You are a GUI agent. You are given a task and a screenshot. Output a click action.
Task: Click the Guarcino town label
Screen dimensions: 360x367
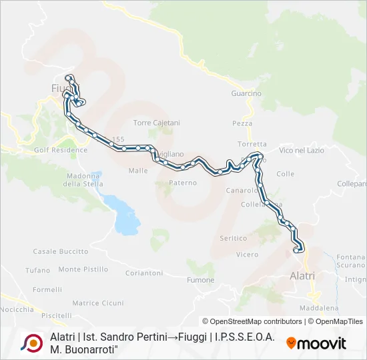[x=246, y=93]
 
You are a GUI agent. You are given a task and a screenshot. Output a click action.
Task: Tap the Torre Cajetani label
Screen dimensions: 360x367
[x=157, y=123]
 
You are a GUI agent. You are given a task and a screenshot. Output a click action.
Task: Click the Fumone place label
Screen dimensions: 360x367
[x=200, y=280]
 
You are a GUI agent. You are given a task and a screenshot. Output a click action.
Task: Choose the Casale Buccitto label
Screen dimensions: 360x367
[x=61, y=251]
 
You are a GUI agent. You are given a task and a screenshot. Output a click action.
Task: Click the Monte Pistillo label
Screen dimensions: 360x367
[x=83, y=269]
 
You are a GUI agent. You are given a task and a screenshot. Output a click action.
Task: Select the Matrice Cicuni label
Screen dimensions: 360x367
[x=98, y=303]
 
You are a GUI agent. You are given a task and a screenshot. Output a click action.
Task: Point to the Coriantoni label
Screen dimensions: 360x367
[x=143, y=273]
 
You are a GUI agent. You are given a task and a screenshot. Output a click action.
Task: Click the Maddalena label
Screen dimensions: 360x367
[x=319, y=308]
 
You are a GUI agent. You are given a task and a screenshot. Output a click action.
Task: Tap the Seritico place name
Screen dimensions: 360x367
[x=233, y=238]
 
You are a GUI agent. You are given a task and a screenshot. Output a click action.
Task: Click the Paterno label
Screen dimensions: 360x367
[x=183, y=182]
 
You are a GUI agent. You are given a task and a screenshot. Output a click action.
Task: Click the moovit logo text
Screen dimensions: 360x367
[x=316, y=343]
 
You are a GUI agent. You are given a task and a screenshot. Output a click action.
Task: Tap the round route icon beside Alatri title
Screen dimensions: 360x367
[x=31, y=343]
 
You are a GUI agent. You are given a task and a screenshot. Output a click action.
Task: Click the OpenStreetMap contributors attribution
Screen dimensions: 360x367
[x=252, y=321]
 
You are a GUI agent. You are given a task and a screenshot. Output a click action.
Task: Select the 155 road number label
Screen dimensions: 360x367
[x=119, y=139]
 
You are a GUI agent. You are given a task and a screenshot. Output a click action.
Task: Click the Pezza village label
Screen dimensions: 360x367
[x=242, y=123]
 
